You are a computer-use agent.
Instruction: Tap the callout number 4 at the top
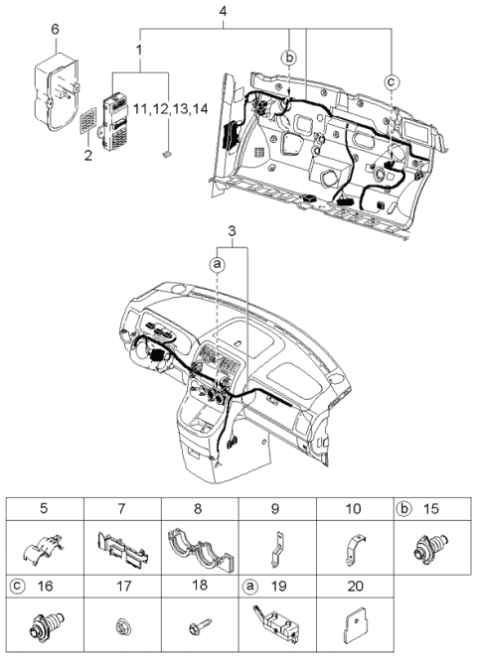(x=223, y=12)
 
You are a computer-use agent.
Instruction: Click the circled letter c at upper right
(x=392, y=80)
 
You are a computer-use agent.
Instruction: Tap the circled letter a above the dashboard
(x=216, y=263)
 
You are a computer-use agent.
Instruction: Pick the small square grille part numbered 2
(x=90, y=122)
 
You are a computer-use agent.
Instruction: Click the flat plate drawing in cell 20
(x=355, y=627)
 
